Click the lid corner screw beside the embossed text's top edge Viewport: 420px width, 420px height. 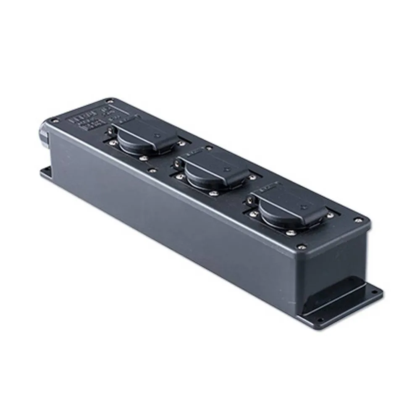[x=110, y=100]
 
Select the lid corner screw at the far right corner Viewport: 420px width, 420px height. [x=358, y=219]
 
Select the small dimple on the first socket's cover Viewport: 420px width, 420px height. [x=156, y=135]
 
